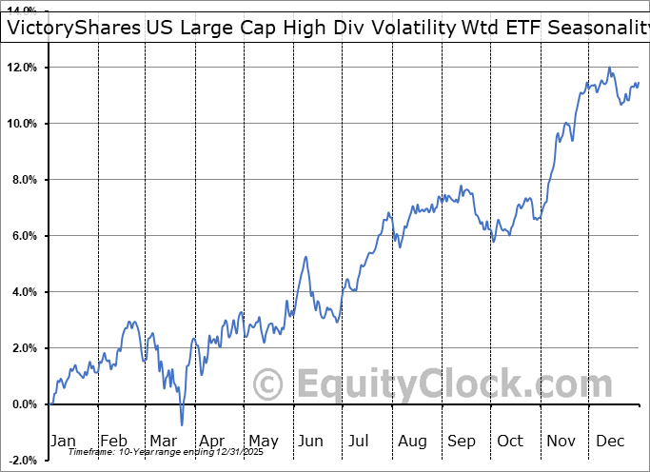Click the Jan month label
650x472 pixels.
point(63,441)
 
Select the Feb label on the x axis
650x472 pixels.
point(113,441)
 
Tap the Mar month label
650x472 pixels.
point(162,441)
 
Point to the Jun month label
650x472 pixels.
point(311,441)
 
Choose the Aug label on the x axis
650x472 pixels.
point(412,441)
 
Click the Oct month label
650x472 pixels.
point(510,441)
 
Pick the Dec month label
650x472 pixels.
point(610,441)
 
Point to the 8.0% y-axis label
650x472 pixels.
point(24,180)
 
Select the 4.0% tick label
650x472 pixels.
point(24,292)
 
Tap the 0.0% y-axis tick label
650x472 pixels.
point(24,404)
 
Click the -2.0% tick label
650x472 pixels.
point(22,461)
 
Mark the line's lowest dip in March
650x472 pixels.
point(182,424)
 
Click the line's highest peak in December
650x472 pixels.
point(609,68)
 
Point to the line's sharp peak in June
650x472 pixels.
point(305,257)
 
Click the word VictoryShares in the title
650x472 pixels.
point(72,28)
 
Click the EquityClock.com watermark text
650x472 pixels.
point(452,384)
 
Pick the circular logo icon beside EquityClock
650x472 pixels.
point(269,384)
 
